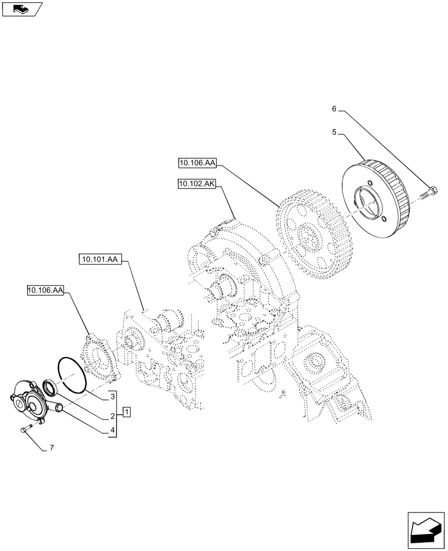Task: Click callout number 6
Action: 334,110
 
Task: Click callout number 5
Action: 334,133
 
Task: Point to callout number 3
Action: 112,397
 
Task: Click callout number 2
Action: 112,416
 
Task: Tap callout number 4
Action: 112,431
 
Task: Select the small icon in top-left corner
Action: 22,9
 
